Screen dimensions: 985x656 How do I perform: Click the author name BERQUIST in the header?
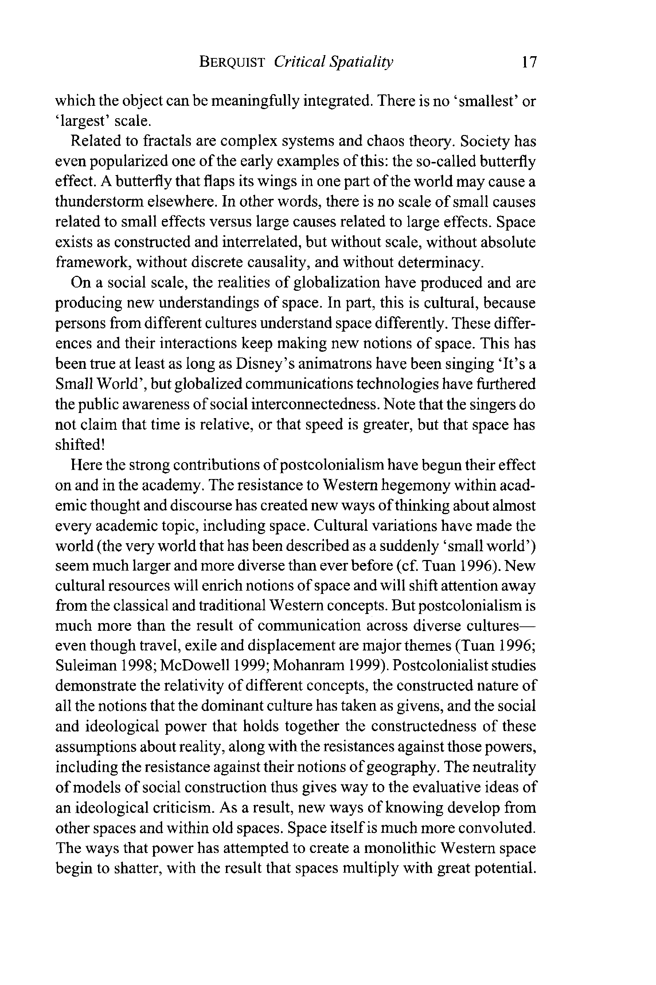tap(232, 62)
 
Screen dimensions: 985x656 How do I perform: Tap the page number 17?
tap(529, 62)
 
